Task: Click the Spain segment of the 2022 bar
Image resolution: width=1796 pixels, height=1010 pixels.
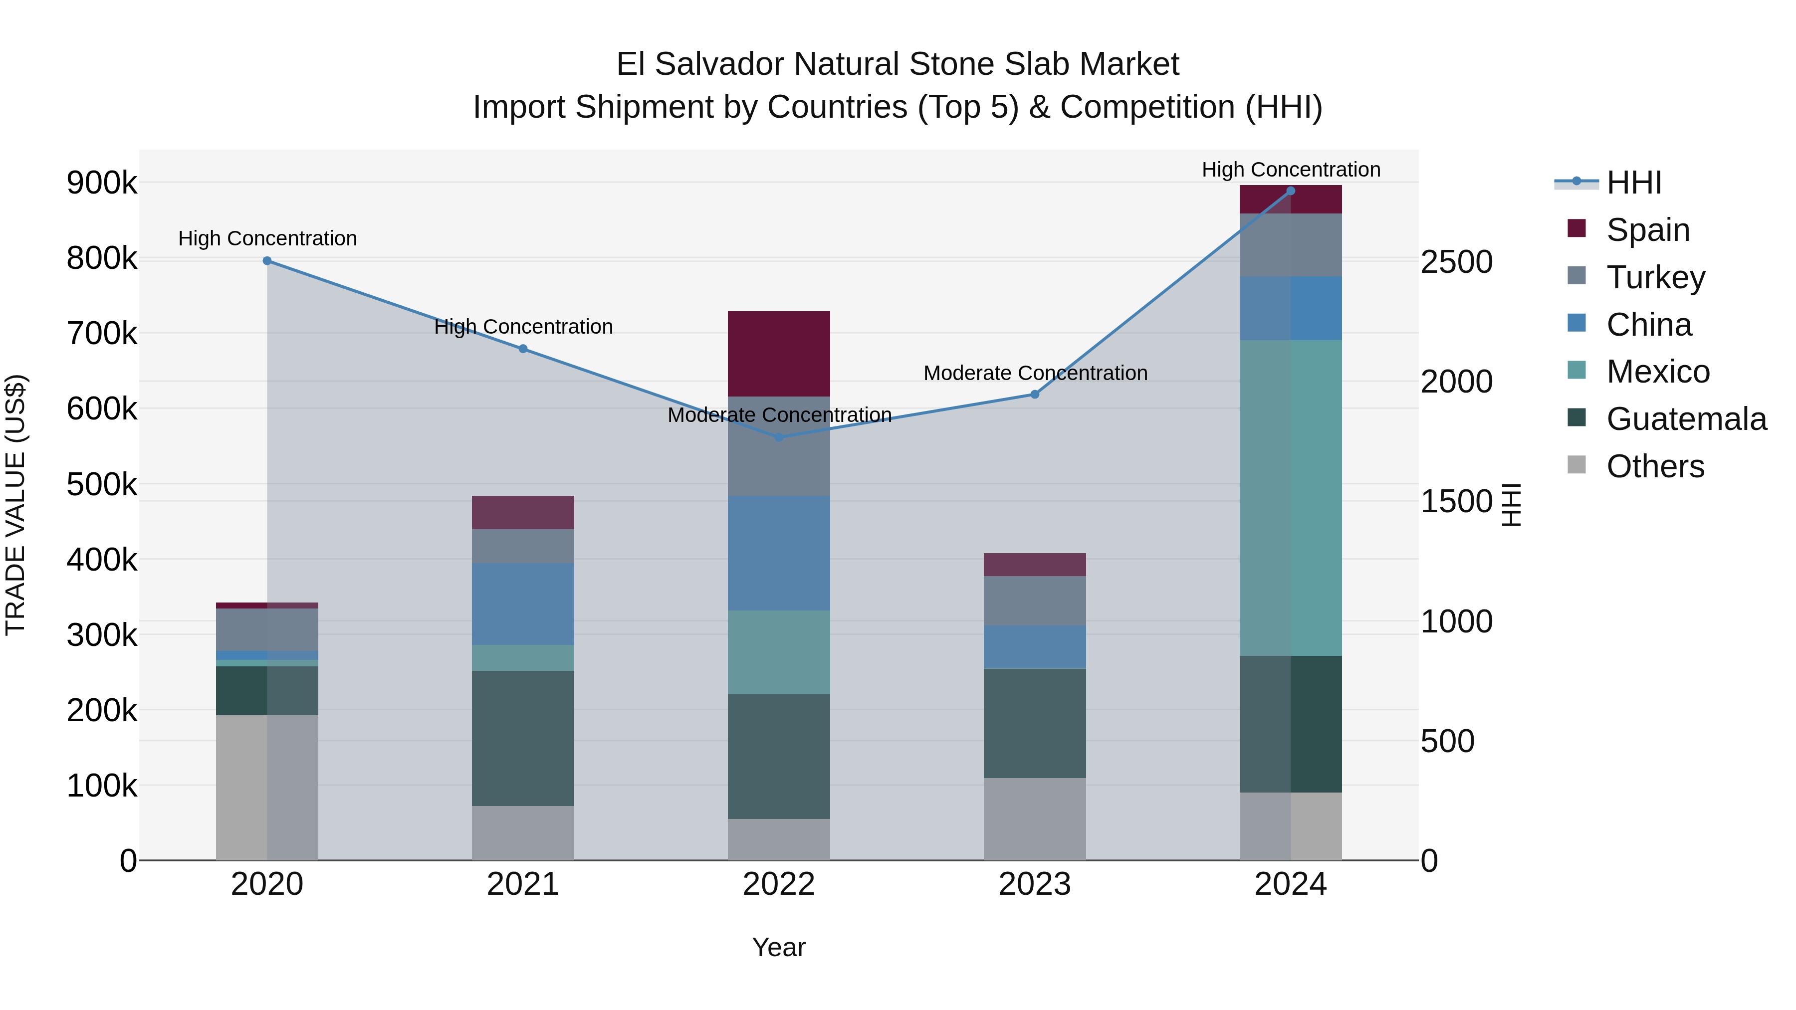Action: pos(779,354)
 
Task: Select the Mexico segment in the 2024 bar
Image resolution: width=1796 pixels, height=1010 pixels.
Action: pos(1291,498)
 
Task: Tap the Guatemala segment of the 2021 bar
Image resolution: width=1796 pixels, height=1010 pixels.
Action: pos(523,738)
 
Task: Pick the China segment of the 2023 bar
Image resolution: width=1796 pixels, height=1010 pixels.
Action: pos(1035,647)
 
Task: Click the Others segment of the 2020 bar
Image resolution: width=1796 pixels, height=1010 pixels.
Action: pos(267,788)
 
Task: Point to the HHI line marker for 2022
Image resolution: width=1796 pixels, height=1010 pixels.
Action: pos(779,437)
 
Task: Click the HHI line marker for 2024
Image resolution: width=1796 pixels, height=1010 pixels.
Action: pos(1291,191)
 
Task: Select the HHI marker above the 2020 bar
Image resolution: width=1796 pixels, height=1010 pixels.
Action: pos(267,261)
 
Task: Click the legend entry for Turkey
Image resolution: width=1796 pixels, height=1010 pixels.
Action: pos(1655,277)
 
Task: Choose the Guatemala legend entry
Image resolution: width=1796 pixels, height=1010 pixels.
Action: pos(1686,419)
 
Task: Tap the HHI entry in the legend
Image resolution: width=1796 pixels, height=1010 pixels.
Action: pos(1633,183)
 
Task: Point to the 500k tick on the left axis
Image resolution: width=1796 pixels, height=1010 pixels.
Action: pos(102,484)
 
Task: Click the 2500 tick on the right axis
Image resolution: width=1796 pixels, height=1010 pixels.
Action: pos(1456,262)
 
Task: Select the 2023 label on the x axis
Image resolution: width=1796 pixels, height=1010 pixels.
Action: pos(1035,884)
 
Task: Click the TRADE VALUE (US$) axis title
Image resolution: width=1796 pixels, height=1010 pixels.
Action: pos(16,505)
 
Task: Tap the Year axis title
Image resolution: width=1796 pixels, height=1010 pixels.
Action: pos(779,947)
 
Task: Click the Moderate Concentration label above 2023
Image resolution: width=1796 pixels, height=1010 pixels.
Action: pos(1035,373)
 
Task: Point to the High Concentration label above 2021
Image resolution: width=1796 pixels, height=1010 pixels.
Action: pos(523,326)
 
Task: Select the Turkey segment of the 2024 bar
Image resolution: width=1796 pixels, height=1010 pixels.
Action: pos(1291,245)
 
